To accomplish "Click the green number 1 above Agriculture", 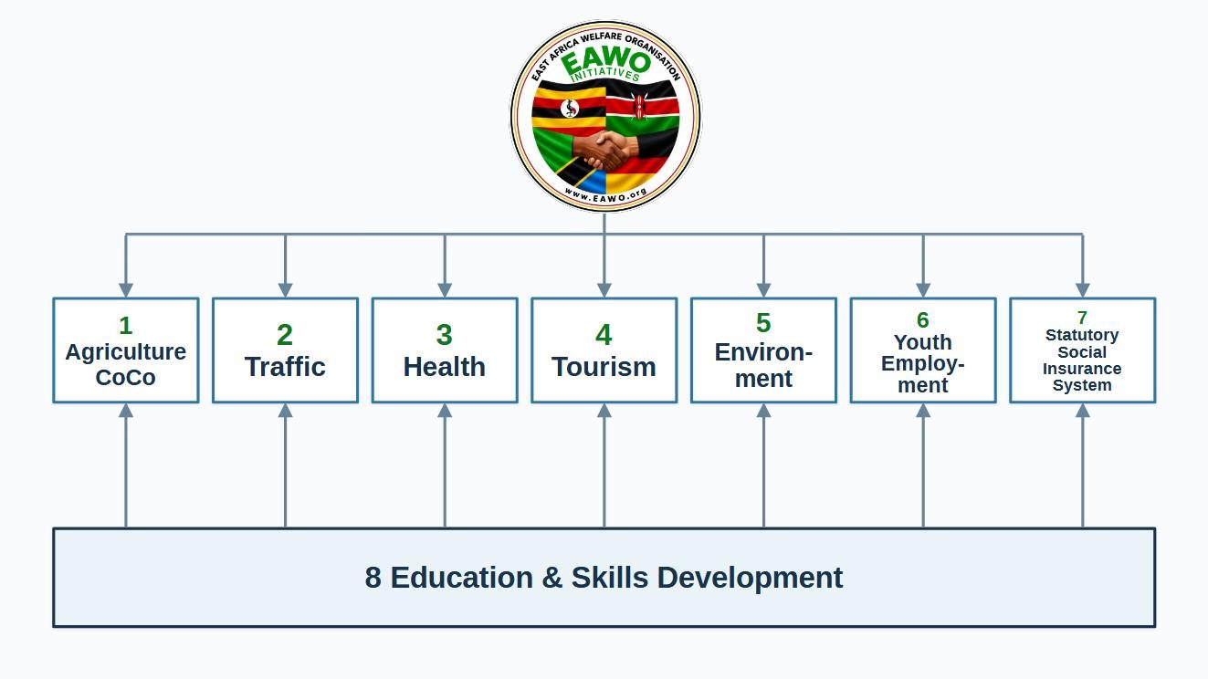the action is pos(126,326).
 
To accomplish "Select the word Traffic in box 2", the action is pos(285,367).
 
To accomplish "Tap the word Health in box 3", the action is pos(445,367).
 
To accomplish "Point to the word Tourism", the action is pos(604,367).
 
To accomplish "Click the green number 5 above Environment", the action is pos(763,323).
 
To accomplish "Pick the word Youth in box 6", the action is pos(923,342).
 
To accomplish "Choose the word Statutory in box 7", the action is pos(1082,335).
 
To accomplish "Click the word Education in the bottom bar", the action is pos(462,578).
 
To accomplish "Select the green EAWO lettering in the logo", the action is pos(606,61).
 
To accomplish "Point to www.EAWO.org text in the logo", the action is pos(605,195).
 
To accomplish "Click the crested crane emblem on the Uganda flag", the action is pos(570,109).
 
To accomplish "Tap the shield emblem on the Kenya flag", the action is pos(639,107).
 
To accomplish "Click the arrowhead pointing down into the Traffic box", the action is pos(285,290).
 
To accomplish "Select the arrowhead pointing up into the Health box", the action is pos(445,411).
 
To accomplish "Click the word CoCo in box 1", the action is pos(126,377).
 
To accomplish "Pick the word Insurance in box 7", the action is pos(1082,369).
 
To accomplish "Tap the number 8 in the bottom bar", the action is pos(373,578).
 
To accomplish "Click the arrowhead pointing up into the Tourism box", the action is pos(604,411).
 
